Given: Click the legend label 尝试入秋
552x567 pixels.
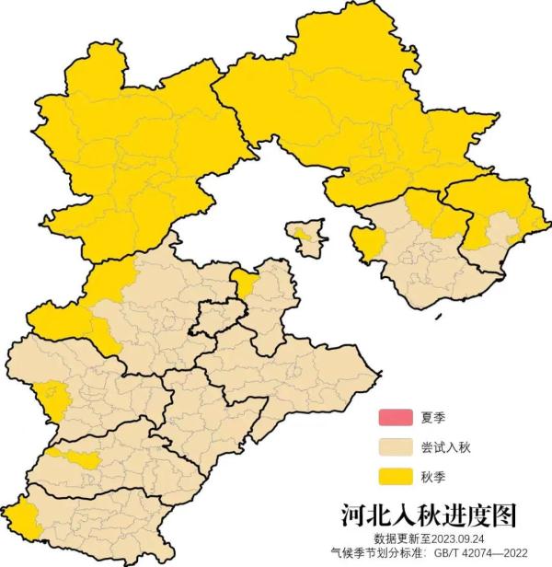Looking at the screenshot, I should click(445, 447).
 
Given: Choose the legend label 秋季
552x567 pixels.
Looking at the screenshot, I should click(432, 477).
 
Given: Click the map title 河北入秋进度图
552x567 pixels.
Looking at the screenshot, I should click(429, 514).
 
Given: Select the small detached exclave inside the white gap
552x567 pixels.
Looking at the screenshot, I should click(308, 237).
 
